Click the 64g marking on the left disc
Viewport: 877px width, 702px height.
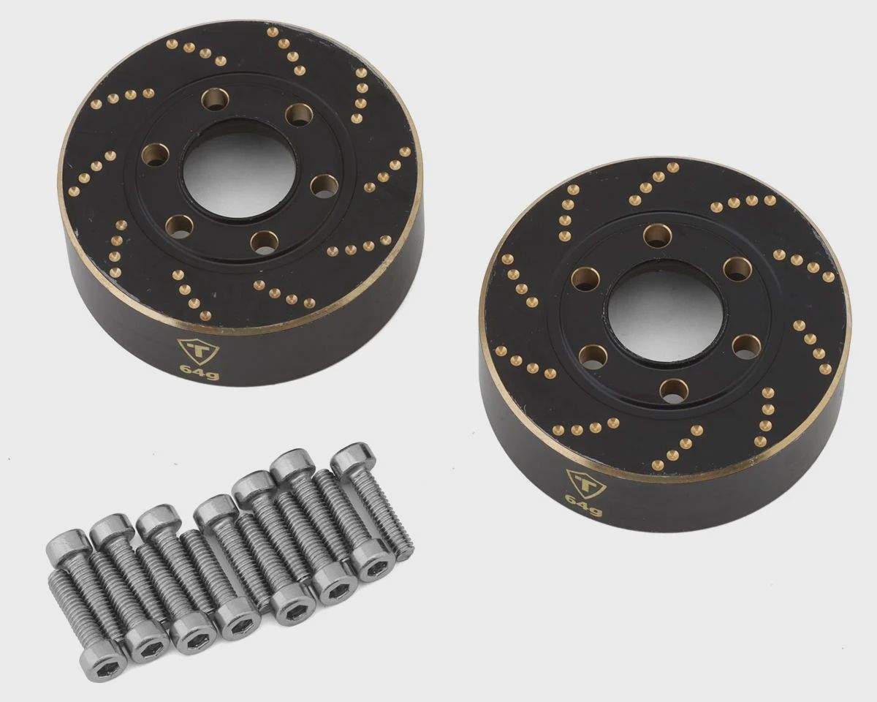click(200, 371)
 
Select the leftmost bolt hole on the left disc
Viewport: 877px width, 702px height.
click(156, 154)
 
